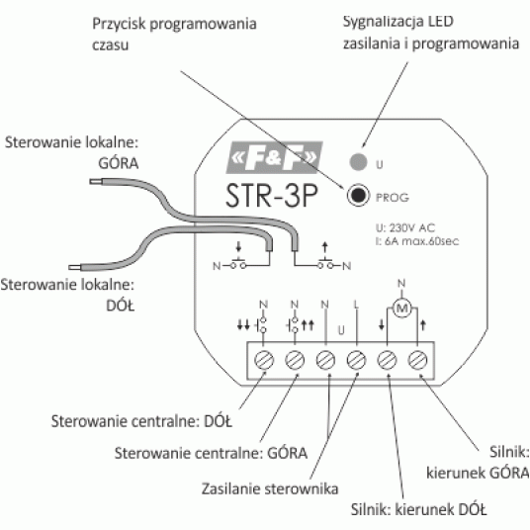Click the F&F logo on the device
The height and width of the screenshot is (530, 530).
[x=274, y=157]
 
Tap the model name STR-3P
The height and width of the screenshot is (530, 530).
[x=272, y=195]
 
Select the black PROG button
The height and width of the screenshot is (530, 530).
[x=358, y=195]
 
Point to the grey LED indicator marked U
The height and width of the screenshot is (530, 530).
[x=358, y=161]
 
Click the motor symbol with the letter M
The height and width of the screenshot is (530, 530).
[x=401, y=308]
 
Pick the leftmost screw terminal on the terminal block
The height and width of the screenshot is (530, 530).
[x=264, y=360]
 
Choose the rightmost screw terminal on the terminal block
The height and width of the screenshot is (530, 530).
[x=417, y=360]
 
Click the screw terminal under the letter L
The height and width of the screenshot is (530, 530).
[x=356, y=360]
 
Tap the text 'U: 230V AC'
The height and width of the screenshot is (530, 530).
[x=405, y=227]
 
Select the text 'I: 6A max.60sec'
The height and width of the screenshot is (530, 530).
[x=417, y=241]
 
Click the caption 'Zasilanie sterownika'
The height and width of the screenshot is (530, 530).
[x=270, y=488]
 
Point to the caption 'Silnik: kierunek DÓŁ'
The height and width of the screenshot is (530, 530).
[x=418, y=509]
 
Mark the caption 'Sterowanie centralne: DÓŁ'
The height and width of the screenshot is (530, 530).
[x=141, y=421]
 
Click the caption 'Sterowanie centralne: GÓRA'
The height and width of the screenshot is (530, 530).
[x=211, y=453]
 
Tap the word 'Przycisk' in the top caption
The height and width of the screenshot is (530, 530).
[x=119, y=25]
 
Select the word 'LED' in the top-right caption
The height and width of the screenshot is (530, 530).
[x=440, y=22]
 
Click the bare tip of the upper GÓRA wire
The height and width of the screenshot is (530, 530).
[x=95, y=182]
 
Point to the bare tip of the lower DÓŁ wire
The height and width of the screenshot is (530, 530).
[x=74, y=267]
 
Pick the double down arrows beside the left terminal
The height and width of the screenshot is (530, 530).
[x=243, y=325]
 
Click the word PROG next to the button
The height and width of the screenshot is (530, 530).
[x=393, y=198]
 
